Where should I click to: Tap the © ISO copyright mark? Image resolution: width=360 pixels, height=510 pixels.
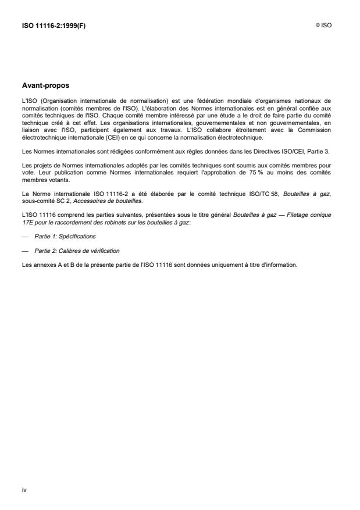tap(324, 26)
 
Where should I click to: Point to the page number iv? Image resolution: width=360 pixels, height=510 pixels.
tap(24, 490)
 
